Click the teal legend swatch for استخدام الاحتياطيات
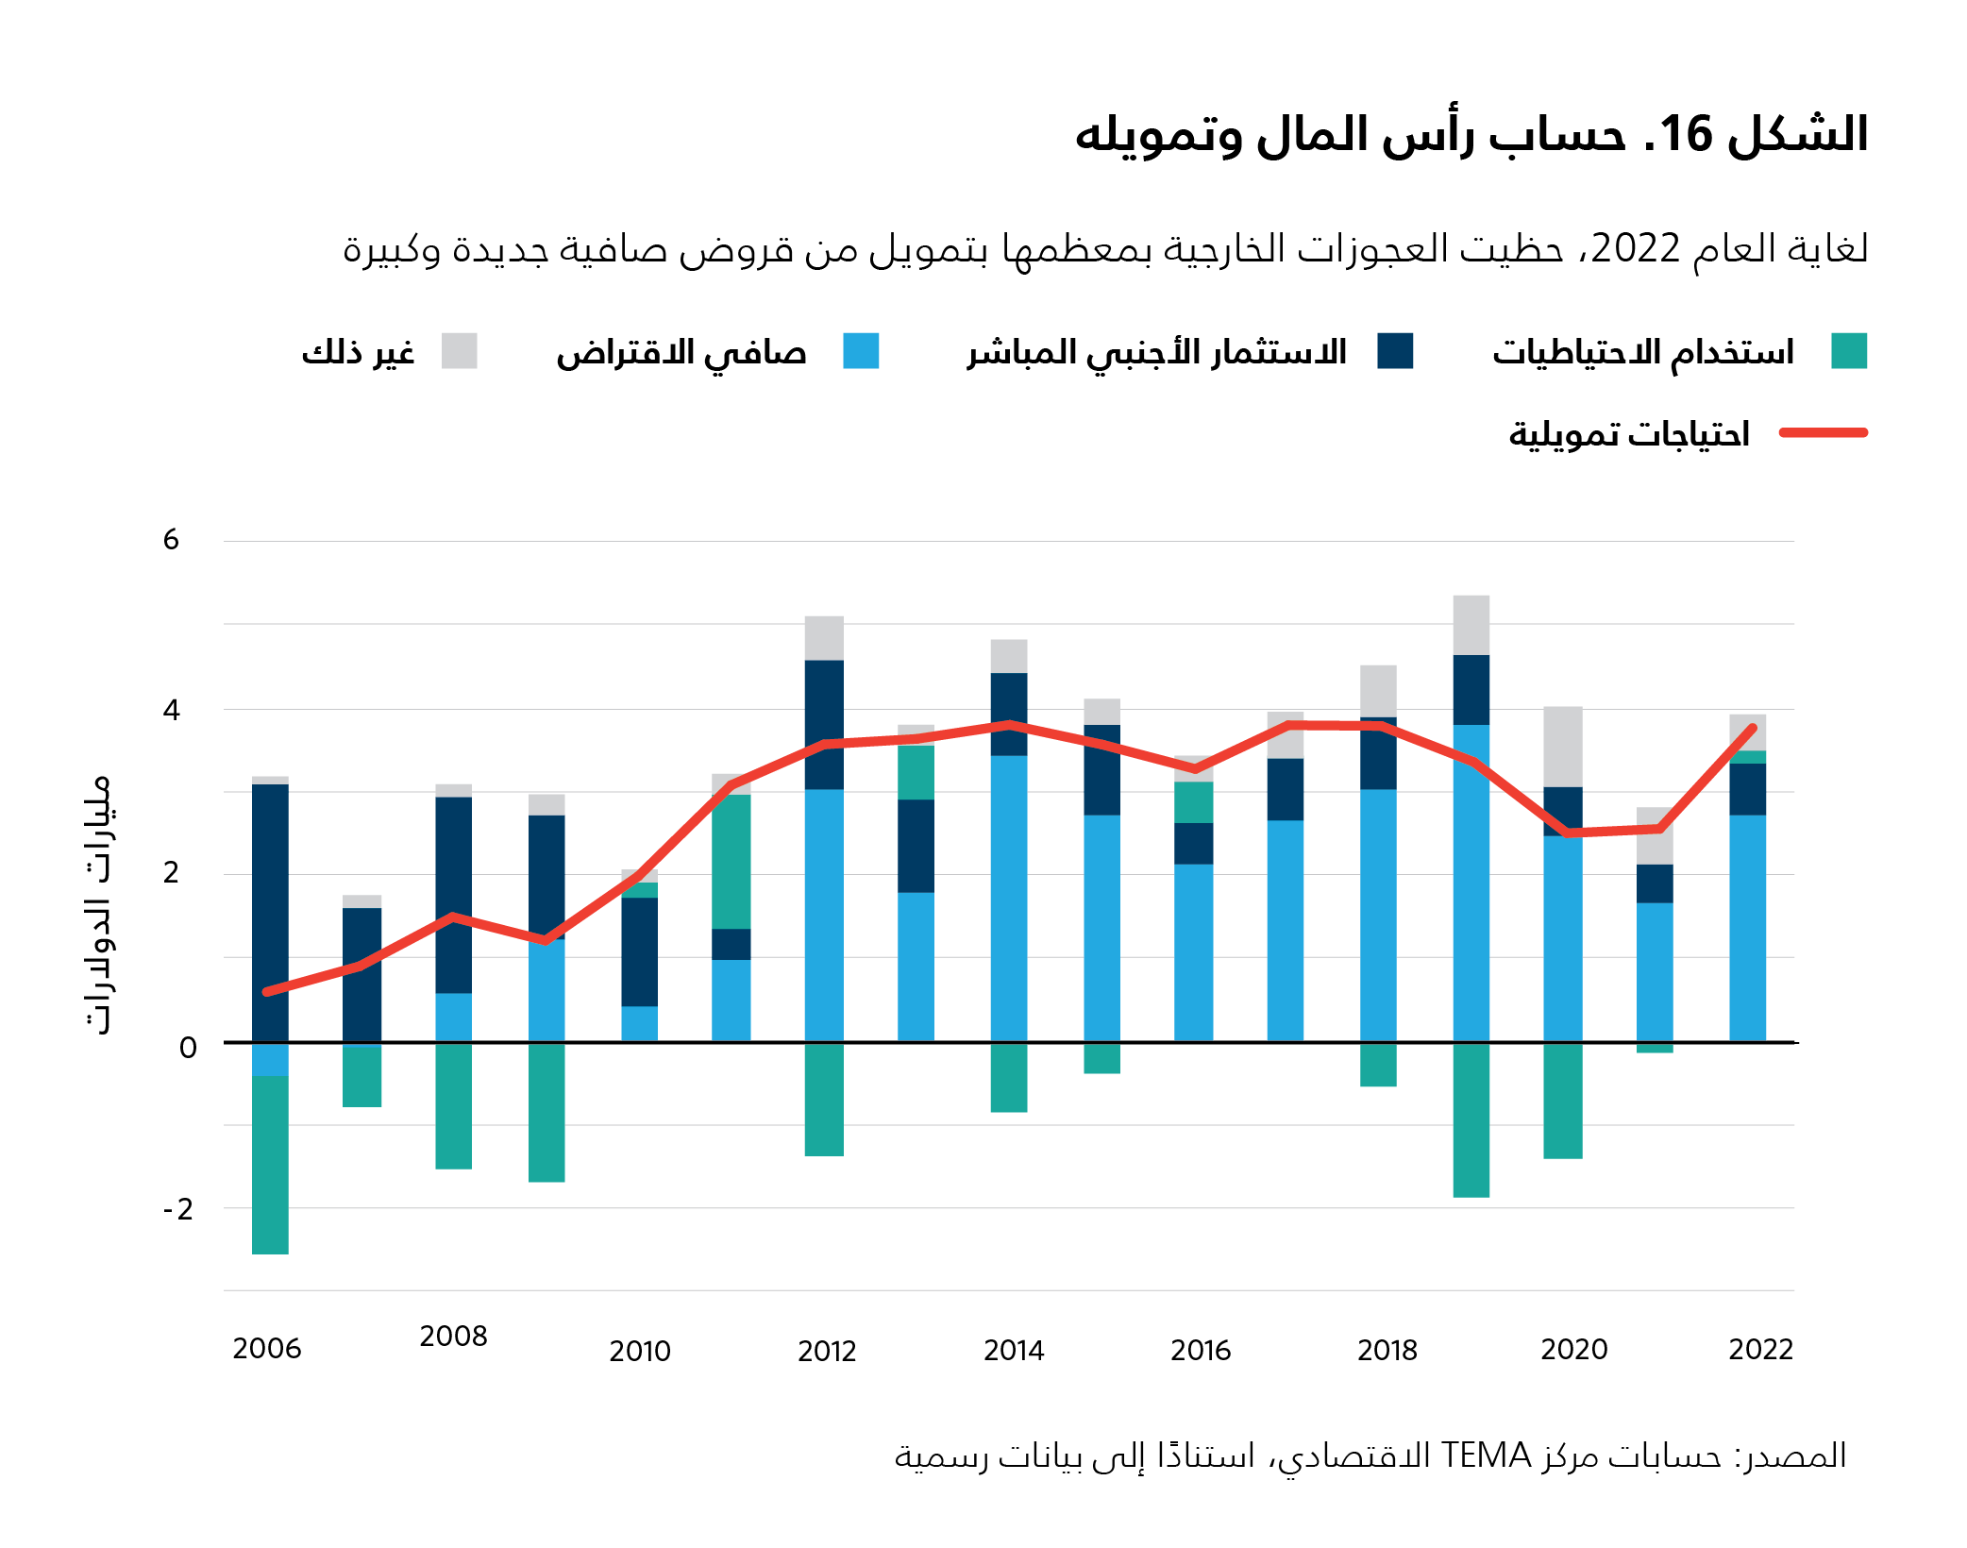point(1848,351)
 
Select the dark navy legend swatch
point(1395,351)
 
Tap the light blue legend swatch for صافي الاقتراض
point(861,351)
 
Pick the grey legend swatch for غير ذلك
point(460,351)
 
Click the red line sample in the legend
point(1823,433)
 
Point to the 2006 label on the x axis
point(267,1349)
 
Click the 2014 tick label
point(1014,1351)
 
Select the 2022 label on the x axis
point(1760,1350)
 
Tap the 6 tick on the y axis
point(171,540)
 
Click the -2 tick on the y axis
point(177,1209)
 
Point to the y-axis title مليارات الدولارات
point(97,904)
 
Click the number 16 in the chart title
point(1685,135)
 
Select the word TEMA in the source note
point(1486,1455)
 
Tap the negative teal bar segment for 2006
point(270,1165)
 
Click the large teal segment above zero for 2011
point(731,861)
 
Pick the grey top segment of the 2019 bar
point(1471,625)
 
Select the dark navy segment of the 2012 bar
point(824,725)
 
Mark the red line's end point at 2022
point(1753,728)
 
